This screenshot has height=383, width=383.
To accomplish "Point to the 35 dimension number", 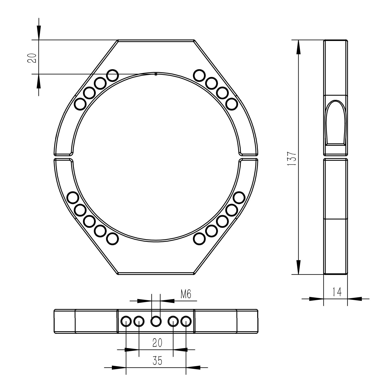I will point(157,361).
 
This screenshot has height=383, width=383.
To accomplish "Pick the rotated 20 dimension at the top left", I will point(32,58).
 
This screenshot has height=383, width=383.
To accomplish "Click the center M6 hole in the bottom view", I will point(156,321).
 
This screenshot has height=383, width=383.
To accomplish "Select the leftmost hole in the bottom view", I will point(126,321).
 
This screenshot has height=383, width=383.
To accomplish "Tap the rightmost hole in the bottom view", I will point(186,321).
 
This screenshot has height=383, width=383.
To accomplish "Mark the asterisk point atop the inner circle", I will point(156,74).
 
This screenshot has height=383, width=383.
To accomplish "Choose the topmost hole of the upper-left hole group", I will point(112,75).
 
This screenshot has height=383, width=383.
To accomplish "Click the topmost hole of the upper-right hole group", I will point(199,75).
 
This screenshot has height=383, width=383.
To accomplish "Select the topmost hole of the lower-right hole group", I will point(239,198).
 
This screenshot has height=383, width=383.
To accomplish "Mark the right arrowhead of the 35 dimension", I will point(193,367).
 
